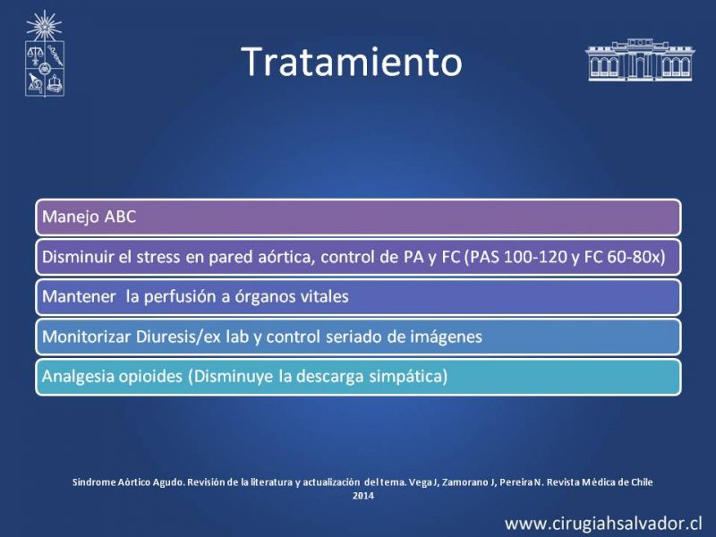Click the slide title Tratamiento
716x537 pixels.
tap(352, 62)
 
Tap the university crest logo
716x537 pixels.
tap(44, 54)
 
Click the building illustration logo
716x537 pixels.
tap(640, 60)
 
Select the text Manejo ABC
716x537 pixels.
tap(89, 217)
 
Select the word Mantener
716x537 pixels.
tap(79, 297)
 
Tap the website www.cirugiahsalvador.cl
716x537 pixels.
tap(603, 524)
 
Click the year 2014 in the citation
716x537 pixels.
tap(363, 496)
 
